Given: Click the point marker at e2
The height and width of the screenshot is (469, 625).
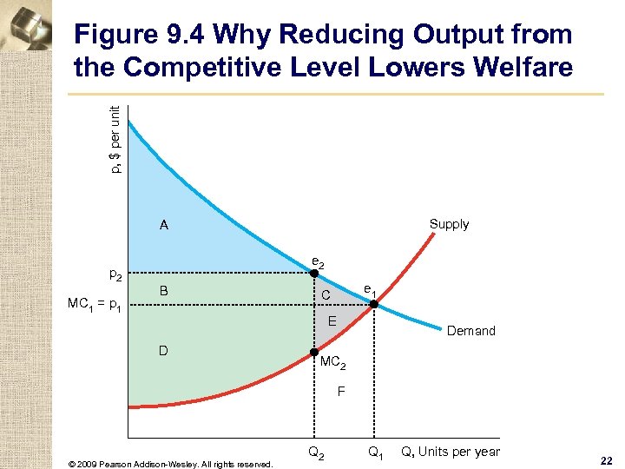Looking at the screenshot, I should pyautogui.click(x=314, y=274).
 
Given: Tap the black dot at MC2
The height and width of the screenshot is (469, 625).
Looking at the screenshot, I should pyautogui.click(x=314, y=352).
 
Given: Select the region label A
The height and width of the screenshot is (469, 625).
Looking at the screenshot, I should pyautogui.click(x=163, y=226).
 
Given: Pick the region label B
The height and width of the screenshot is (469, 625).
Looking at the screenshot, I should pyautogui.click(x=163, y=290).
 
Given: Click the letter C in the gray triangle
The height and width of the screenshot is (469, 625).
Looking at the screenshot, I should pyautogui.click(x=326, y=296).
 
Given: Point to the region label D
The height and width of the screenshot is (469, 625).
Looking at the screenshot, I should pyautogui.click(x=163, y=351).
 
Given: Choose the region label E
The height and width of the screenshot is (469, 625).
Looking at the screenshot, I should pyautogui.click(x=332, y=322).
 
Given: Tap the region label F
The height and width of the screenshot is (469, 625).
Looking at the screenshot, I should pyautogui.click(x=341, y=392).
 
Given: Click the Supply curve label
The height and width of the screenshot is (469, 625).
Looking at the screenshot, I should pyautogui.click(x=449, y=224).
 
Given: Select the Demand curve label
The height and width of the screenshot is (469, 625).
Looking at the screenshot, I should pyautogui.click(x=471, y=331).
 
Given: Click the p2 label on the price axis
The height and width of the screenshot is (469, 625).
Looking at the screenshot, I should pyautogui.click(x=115, y=275).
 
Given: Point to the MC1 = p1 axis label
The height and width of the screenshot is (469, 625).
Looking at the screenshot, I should pyautogui.click(x=95, y=305).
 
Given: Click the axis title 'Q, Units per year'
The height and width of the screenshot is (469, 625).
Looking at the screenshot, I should pyautogui.click(x=450, y=452).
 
